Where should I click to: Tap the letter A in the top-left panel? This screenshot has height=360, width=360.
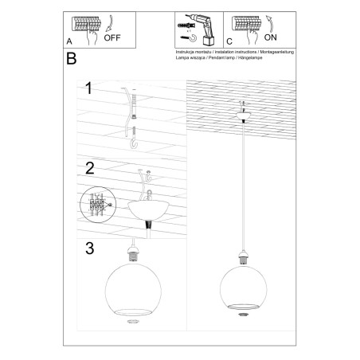(70, 40)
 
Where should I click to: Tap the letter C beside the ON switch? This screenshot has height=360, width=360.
(229, 41)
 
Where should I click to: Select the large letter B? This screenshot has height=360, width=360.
(72, 60)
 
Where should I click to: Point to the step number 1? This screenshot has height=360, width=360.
(91, 89)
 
